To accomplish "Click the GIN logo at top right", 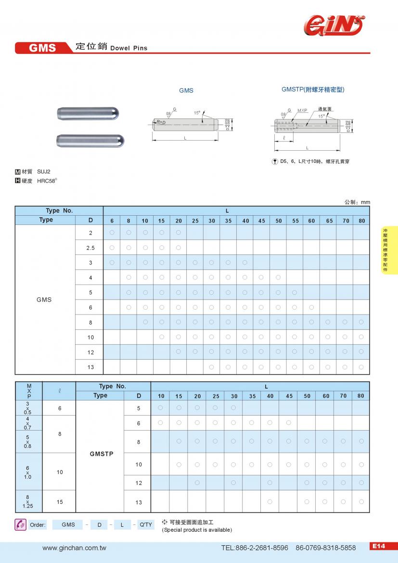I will click(333, 25).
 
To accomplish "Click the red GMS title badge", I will click(43, 48).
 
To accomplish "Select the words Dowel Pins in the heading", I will click(128, 48).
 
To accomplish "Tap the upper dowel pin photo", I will click(89, 114).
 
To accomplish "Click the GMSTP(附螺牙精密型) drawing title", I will click(313, 90).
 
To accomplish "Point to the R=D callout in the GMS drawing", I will click(161, 122).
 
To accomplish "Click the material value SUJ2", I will click(44, 171).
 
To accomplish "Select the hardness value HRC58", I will click(47, 181).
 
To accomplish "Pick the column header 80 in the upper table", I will click(361, 221).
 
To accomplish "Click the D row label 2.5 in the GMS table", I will click(90, 248).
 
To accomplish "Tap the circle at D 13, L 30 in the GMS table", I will click(211, 367).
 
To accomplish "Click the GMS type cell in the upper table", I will click(44, 300).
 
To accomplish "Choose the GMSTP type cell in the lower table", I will click(102, 454).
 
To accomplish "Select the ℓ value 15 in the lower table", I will click(60, 502).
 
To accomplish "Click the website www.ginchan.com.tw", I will click(74, 548).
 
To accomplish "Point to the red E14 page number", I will click(378, 546).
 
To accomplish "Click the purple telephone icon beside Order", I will click(20, 524).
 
